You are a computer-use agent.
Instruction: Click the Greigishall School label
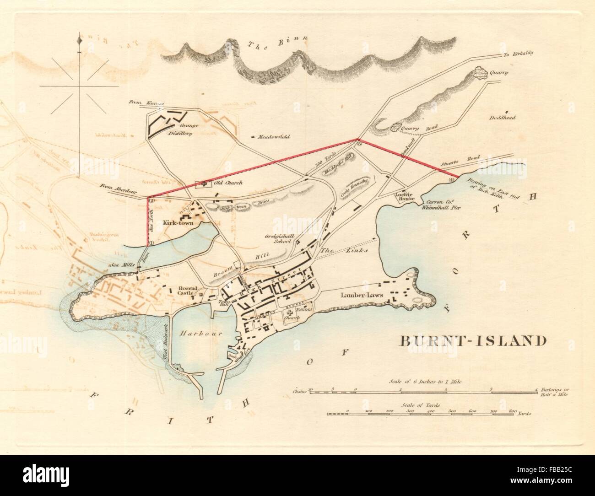click(278, 238)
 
